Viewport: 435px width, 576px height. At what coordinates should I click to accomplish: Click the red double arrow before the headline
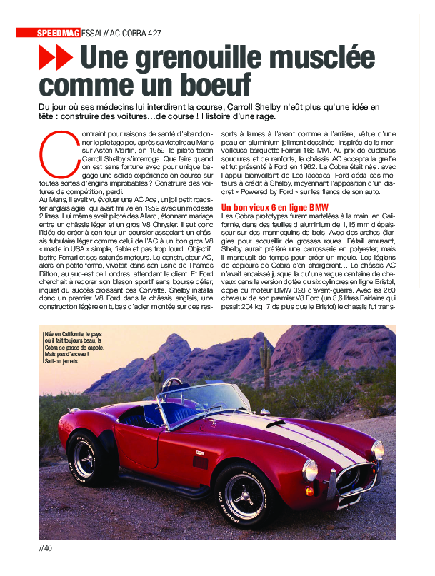click(56, 57)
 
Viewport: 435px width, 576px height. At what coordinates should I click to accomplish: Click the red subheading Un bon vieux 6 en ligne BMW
click(274, 208)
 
